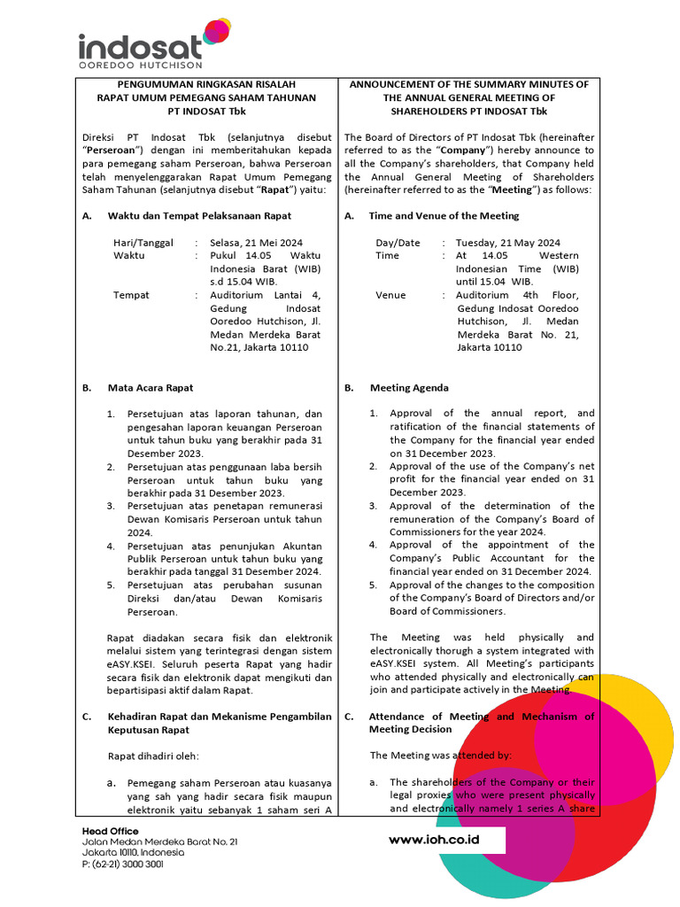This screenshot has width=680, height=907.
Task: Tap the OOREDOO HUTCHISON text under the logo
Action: [141, 66]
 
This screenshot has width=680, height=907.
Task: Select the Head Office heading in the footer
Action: [110, 831]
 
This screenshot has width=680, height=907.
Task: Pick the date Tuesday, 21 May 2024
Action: [507, 243]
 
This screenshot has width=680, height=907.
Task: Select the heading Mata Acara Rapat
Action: [151, 388]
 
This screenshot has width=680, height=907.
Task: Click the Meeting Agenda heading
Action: [408, 388]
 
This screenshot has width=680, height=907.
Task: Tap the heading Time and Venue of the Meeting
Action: [444, 216]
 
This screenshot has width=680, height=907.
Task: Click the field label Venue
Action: [390, 295]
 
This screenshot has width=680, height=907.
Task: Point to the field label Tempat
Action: [131, 295]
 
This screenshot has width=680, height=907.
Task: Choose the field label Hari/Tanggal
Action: [143, 243]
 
